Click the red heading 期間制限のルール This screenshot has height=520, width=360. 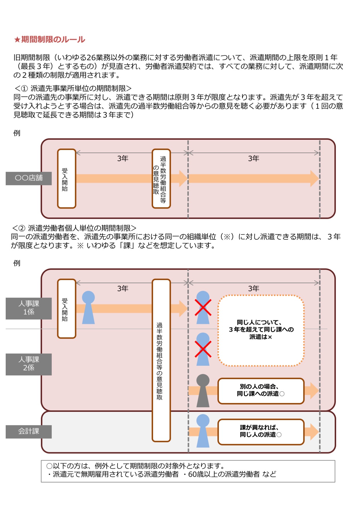point(50,39)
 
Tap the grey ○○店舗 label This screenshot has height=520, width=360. point(29,178)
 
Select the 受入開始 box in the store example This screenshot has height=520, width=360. point(67,178)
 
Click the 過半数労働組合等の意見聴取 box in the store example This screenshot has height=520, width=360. point(161,178)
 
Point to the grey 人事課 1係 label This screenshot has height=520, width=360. point(29,308)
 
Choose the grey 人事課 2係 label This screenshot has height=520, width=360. point(29,364)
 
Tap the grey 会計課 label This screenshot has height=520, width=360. point(29,431)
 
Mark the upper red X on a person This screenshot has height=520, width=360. point(203,307)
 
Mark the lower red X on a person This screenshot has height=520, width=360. point(203,349)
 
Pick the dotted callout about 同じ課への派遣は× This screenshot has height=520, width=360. point(261,330)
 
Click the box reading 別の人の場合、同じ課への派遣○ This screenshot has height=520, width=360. point(261,391)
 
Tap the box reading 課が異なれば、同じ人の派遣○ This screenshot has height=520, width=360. point(261,431)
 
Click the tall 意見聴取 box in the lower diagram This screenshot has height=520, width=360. point(161,360)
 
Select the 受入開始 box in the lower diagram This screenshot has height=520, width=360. point(67,309)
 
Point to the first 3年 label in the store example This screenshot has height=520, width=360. point(123,159)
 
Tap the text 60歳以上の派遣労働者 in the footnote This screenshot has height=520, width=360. point(224,474)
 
